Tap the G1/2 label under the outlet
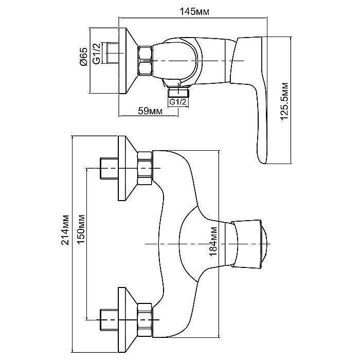pyautogui.click(x=177, y=102)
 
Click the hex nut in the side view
pyautogui.click(x=145, y=60)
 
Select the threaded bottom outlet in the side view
pyautogui.click(x=177, y=92)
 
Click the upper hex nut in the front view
pyautogui.click(x=145, y=168)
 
